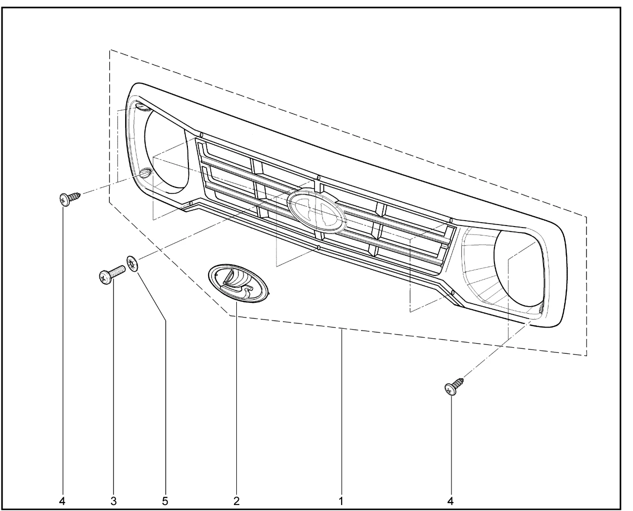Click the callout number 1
click(x=341, y=501)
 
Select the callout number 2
click(x=236, y=501)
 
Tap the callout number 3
click(x=114, y=501)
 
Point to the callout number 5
click(x=165, y=501)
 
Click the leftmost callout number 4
click(x=62, y=501)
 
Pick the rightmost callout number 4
click(x=451, y=501)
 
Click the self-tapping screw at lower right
click(x=453, y=386)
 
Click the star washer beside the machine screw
click(x=132, y=263)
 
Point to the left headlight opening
click(x=167, y=151)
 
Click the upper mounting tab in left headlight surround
click(x=142, y=106)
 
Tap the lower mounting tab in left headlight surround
click(x=145, y=173)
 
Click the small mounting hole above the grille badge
click(x=318, y=178)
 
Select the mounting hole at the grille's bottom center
click(x=318, y=248)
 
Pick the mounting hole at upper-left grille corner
click(x=201, y=135)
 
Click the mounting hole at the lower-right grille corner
click(x=452, y=293)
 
